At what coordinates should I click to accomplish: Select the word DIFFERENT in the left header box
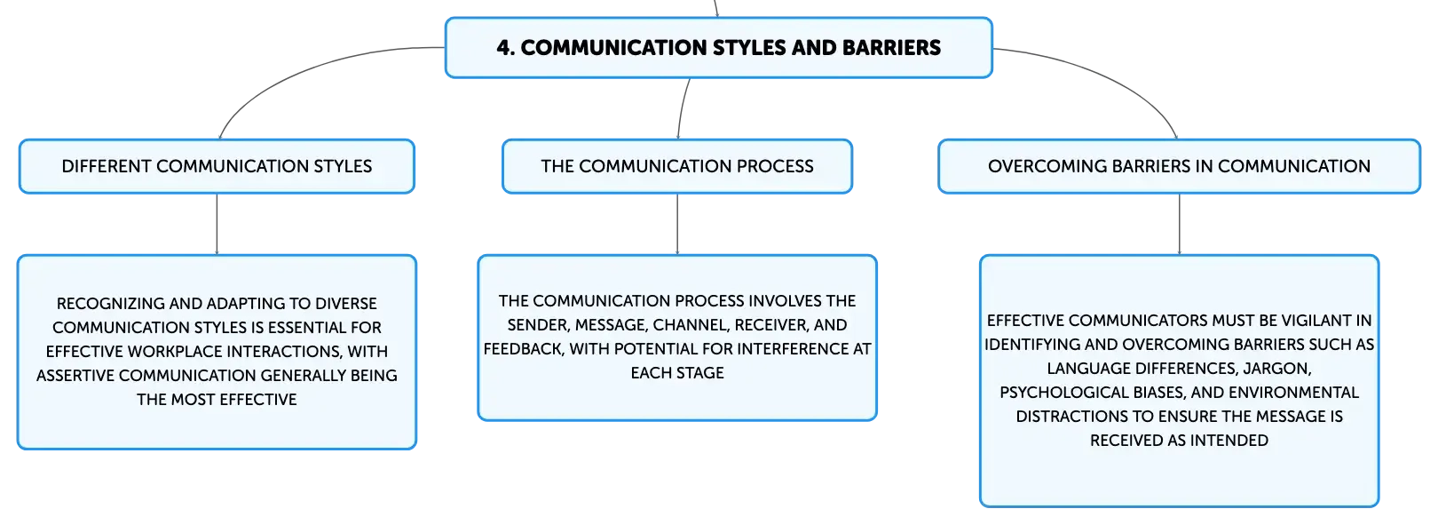(x=106, y=166)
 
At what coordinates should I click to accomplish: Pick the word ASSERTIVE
(x=75, y=375)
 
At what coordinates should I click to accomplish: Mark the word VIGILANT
(x=1305, y=321)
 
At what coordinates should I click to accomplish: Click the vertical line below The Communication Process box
(x=677, y=224)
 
